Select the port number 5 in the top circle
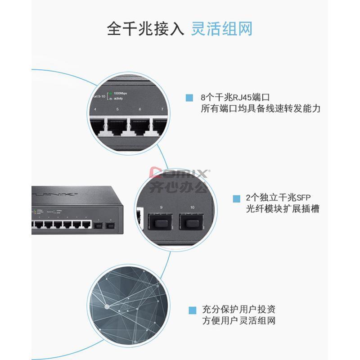117,109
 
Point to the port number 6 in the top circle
140,109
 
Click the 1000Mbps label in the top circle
120,92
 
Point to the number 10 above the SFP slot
193,207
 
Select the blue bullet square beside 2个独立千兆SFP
236,198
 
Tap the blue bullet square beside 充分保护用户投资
193,310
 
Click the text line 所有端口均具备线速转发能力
261,108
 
